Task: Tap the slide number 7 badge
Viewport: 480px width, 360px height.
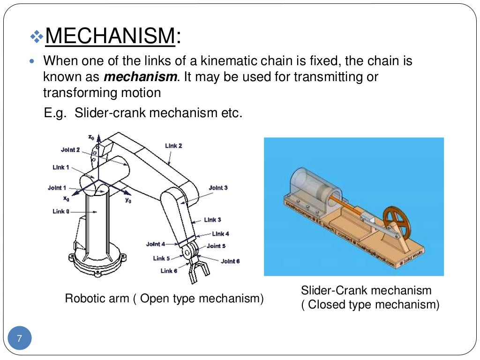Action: pyautogui.click(x=20, y=338)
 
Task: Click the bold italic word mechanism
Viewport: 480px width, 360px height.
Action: pyautogui.click(x=141, y=77)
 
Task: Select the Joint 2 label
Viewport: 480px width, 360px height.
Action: pyautogui.click(x=70, y=150)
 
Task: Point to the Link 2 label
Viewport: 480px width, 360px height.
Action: pyautogui.click(x=173, y=146)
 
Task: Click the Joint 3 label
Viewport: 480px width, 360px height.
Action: pyautogui.click(x=218, y=187)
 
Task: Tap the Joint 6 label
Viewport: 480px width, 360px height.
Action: pyautogui.click(x=230, y=261)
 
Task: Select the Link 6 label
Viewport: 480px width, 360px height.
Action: pyautogui.click(x=169, y=270)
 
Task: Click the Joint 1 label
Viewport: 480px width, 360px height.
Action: pyautogui.click(x=57, y=187)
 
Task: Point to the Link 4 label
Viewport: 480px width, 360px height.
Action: pyautogui.click(x=220, y=233)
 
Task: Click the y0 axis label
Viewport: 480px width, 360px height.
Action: pyautogui.click(x=128, y=200)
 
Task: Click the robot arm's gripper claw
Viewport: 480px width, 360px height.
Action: pyautogui.click(x=197, y=272)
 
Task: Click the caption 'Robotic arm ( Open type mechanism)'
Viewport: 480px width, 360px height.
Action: pyautogui.click(x=164, y=298)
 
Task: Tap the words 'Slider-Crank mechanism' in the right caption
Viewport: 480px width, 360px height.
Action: pyautogui.click(x=366, y=290)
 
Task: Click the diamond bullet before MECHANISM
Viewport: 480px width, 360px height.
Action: pyautogui.click(x=36, y=37)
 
